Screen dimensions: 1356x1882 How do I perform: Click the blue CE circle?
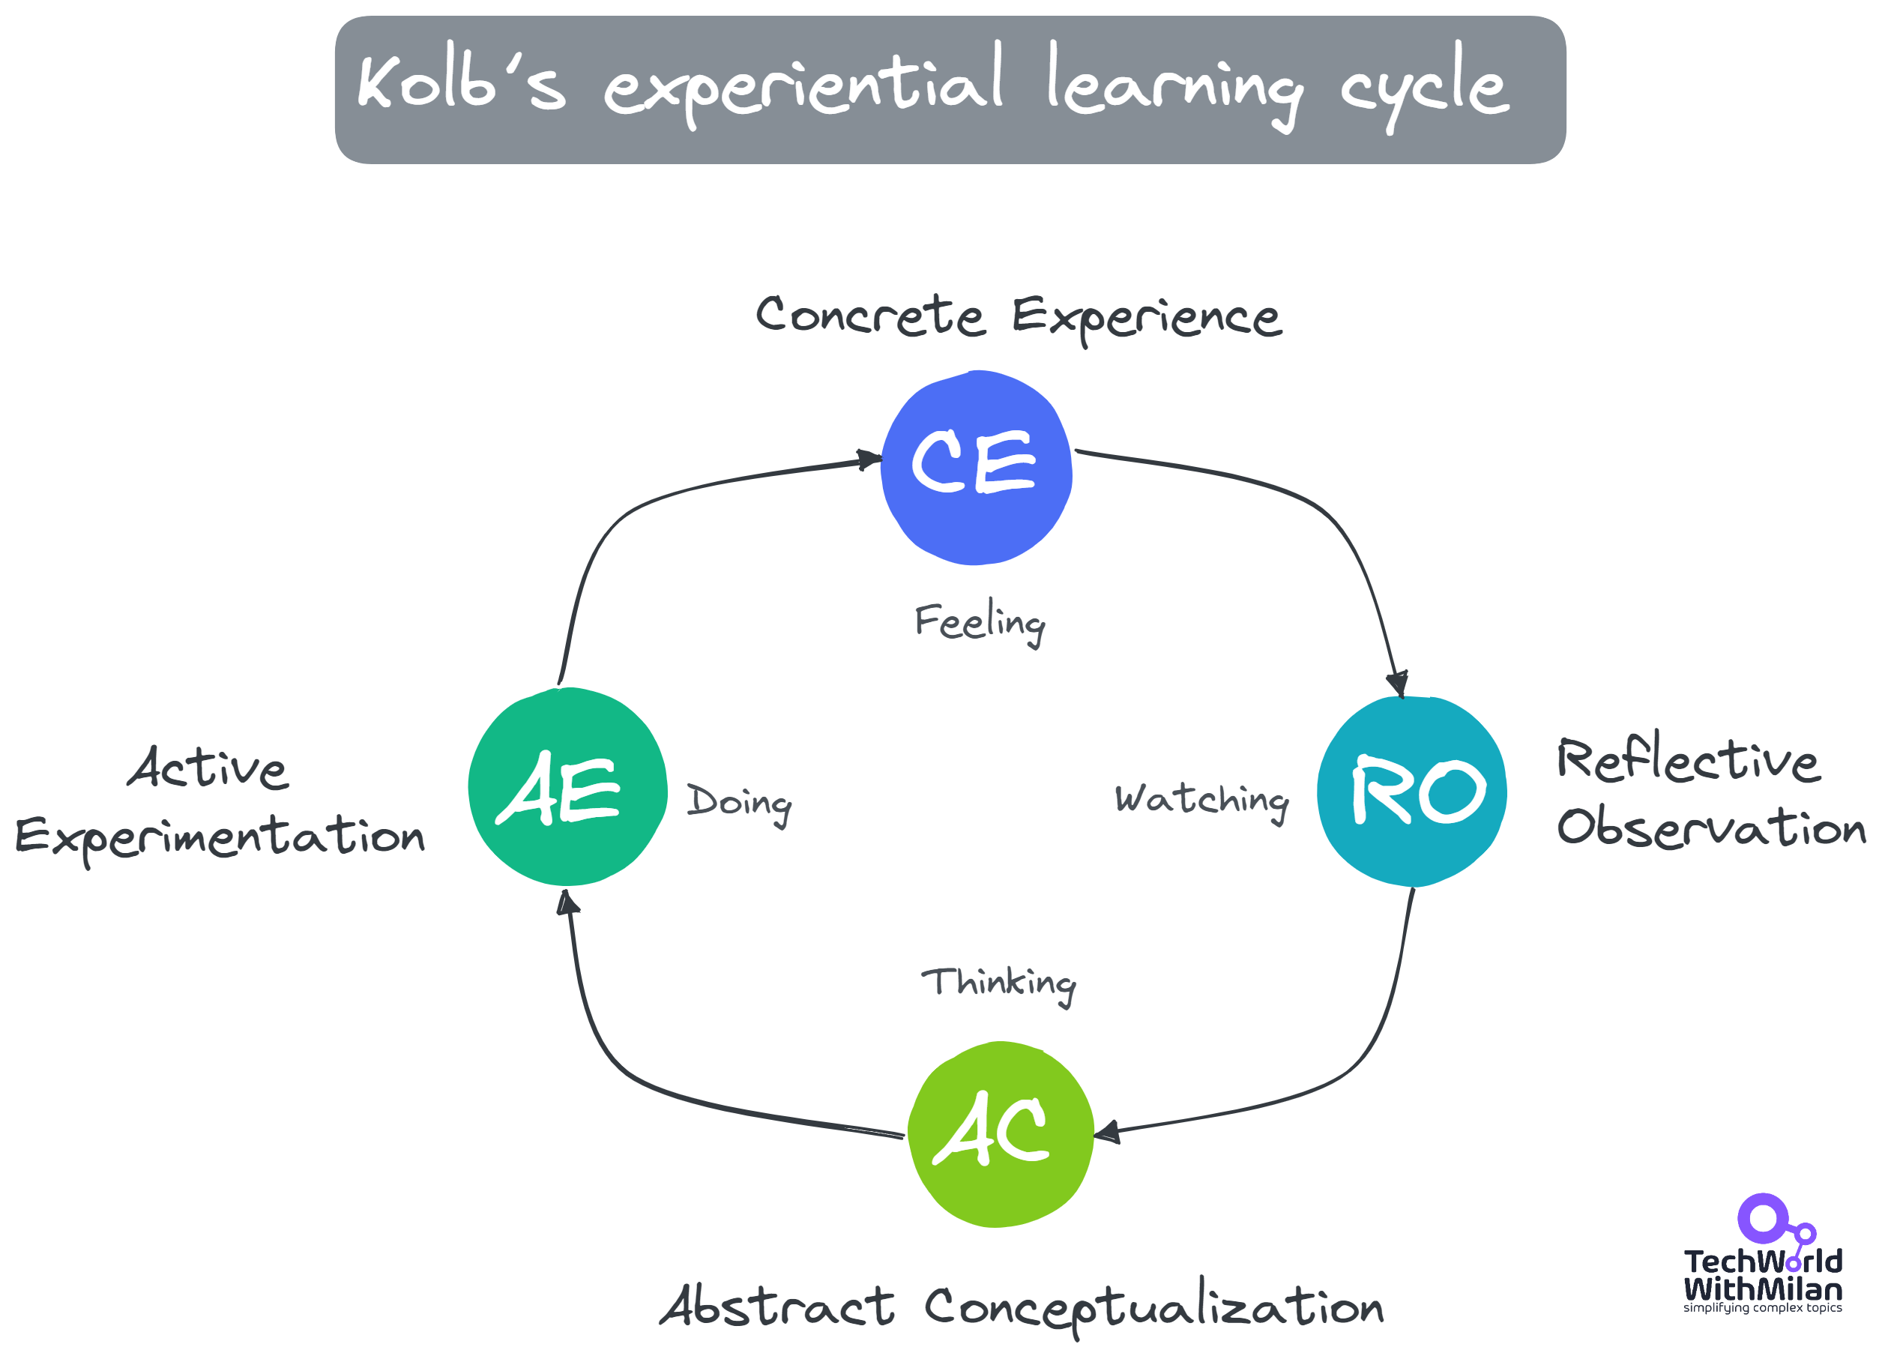point(976,467)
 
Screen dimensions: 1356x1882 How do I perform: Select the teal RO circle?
point(1411,791)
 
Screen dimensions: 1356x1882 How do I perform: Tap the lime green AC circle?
point(1000,1133)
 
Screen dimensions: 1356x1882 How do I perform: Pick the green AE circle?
point(567,787)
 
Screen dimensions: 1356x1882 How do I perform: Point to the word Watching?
point(1201,801)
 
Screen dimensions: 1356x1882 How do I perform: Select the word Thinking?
point(998,984)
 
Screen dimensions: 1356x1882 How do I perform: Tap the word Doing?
point(738,803)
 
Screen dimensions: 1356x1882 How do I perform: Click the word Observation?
point(1711,828)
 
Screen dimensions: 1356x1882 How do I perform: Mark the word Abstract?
point(777,1307)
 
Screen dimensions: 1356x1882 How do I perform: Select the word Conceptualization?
point(1153,1309)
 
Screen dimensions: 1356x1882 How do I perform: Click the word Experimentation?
point(220,837)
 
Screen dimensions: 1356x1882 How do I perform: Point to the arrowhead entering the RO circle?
point(1397,684)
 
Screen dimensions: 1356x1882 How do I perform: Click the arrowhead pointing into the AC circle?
point(1107,1132)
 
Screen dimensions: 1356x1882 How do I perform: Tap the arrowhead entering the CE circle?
point(868,459)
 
